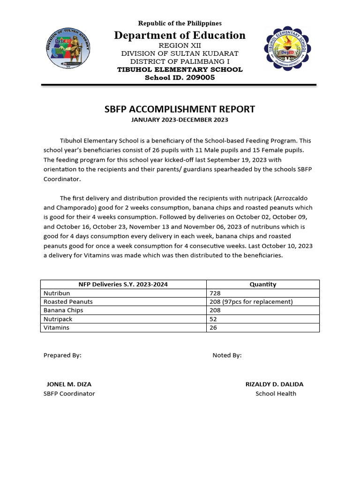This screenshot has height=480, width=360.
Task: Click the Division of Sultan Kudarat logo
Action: pyautogui.click(x=69, y=49)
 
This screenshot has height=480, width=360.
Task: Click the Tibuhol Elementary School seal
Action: pyautogui.click(x=287, y=49)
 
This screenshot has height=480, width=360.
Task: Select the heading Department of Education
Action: pyautogui.click(x=179, y=36)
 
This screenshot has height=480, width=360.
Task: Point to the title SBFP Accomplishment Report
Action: pyautogui.click(x=180, y=109)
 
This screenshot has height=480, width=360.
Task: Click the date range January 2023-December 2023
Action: pyautogui.click(x=180, y=120)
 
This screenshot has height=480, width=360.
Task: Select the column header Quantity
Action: pyautogui.click(x=262, y=284)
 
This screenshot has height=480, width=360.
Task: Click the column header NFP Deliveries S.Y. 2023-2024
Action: pyautogui.click(x=123, y=284)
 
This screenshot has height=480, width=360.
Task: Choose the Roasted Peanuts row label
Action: pyautogui.click(x=68, y=302)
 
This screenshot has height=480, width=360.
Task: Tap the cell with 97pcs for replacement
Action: pyautogui.click(x=251, y=302)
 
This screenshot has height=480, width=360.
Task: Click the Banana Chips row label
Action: pyautogui.click(x=63, y=310)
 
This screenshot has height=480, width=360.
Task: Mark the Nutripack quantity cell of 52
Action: pyautogui.click(x=214, y=319)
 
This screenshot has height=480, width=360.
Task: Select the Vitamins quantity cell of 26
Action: pyautogui.click(x=214, y=328)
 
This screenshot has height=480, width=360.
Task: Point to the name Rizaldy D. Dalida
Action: pyautogui.click(x=274, y=384)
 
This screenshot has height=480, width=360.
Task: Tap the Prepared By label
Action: pyautogui.click(x=62, y=355)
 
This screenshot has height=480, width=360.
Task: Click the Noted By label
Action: pyautogui.click(x=227, y=355)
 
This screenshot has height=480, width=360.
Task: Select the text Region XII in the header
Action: pyautogui.click(x=180, y=45)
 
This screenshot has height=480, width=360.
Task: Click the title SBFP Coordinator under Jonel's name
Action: pyautogui.click(x=69, y=394)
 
